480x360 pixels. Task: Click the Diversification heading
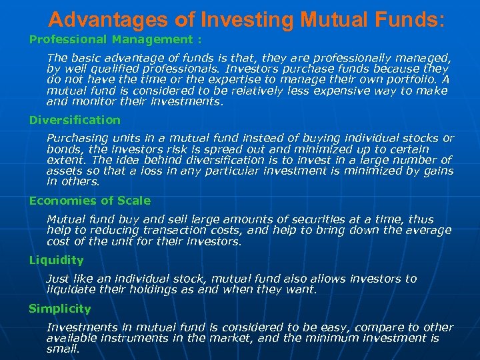click(75, 120)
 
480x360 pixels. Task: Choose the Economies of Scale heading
click(89, 201)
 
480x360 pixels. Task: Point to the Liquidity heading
click(56, 260)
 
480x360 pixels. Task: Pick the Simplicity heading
click(59, 309)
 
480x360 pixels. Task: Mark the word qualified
click(109, 69)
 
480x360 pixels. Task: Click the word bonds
click(64, 149)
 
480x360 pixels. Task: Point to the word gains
click(437, 171)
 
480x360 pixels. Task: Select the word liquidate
click(72, 289)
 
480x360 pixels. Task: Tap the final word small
click(62, 349)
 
